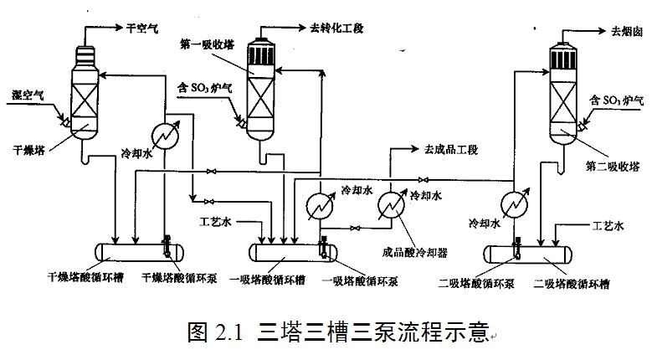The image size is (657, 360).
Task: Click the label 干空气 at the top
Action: coord(142,28)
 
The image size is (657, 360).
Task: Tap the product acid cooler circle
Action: coord(391,203)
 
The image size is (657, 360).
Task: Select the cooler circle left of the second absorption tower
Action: coord(514,203)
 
